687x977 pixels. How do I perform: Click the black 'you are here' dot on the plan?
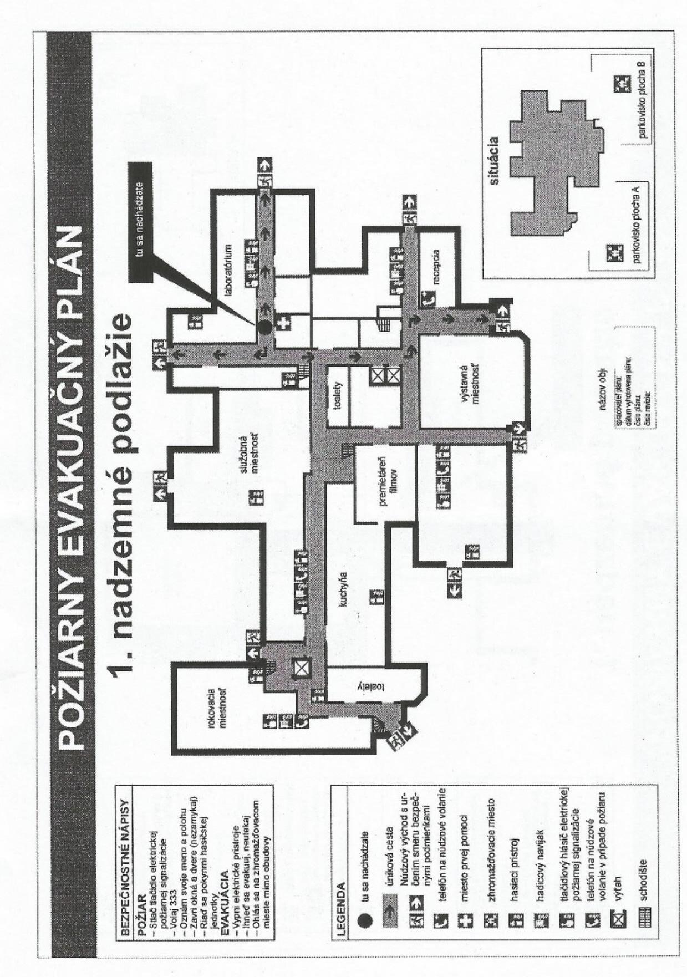point(265,327)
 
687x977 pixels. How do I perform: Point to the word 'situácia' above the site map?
point(495,161)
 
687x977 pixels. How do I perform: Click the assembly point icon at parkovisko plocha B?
point(619,84)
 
